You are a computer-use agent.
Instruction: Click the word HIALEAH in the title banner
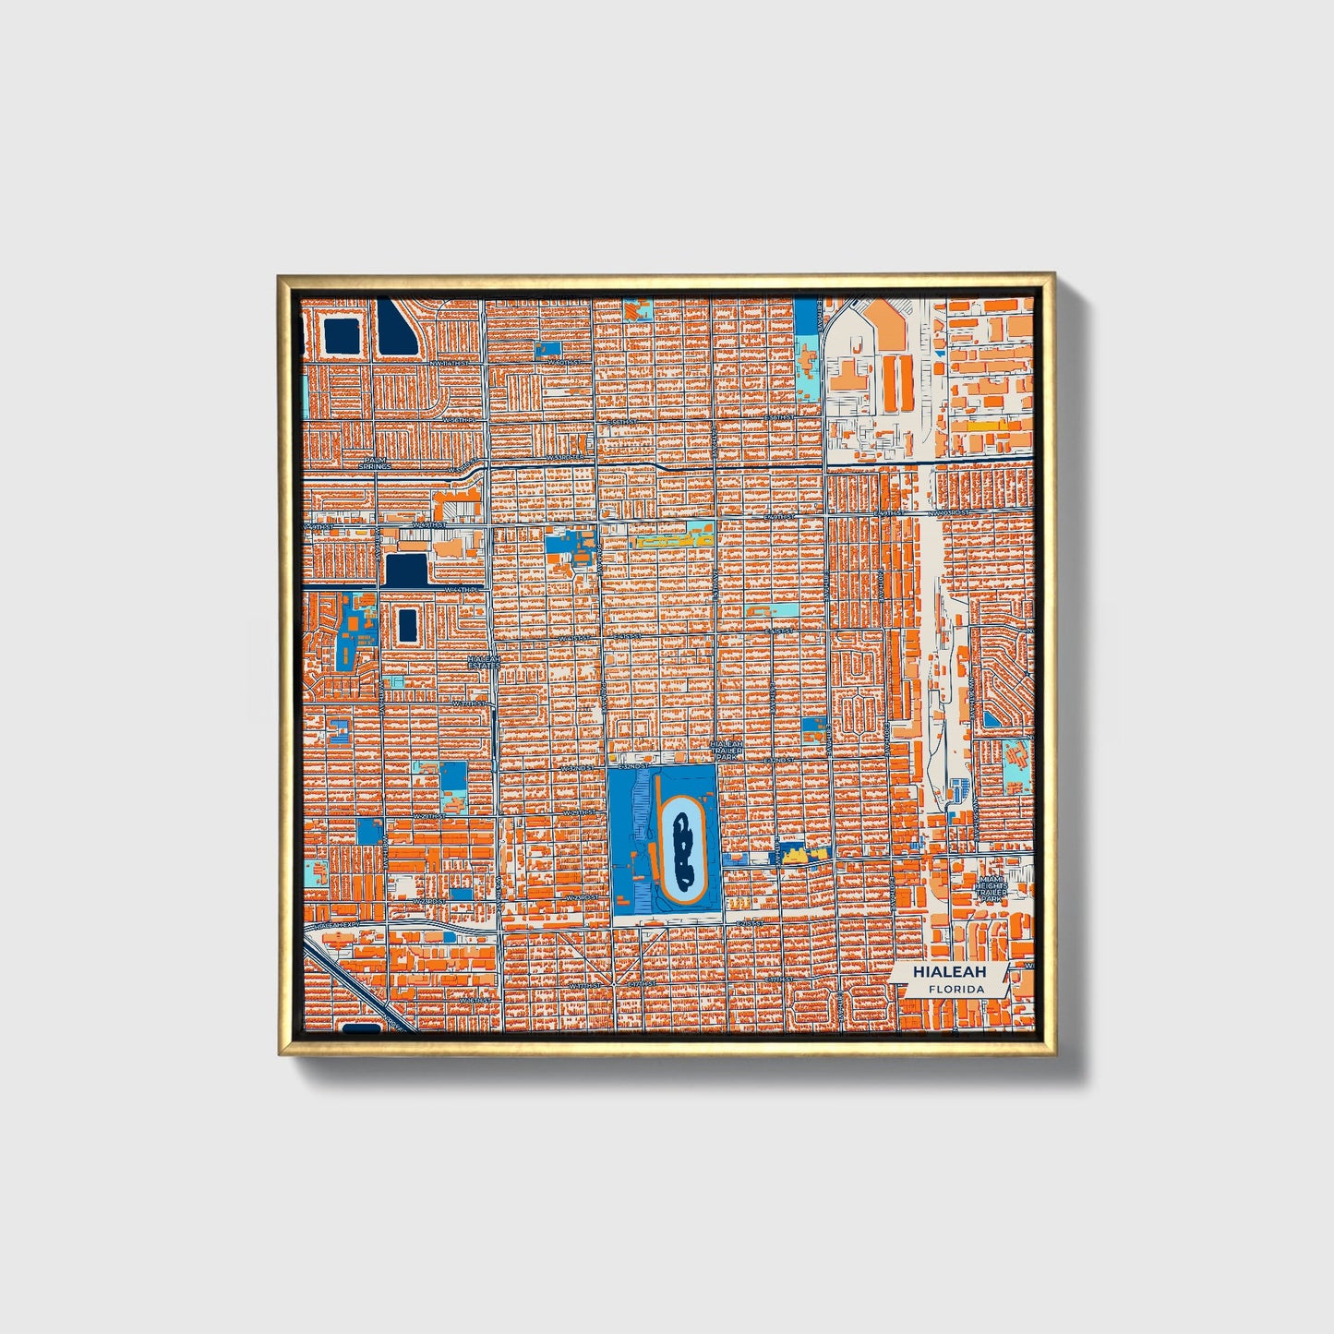pos(949,972)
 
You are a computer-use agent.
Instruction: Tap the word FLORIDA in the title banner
pos(956,989)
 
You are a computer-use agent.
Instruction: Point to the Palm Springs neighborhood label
pos(376,462)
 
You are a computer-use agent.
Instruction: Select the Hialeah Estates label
pos(484,662)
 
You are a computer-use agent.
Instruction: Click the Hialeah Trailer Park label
pos(726,748)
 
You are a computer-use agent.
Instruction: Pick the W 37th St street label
pos(469,703)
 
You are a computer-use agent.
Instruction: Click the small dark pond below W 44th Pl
pos(406,624)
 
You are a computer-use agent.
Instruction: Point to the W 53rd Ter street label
pos(566,456)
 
